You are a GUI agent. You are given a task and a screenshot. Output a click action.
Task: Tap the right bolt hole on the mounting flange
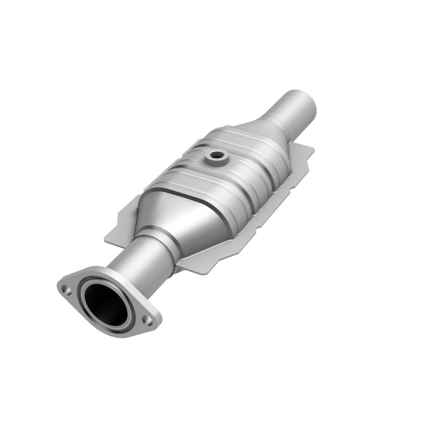(146, 319)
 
